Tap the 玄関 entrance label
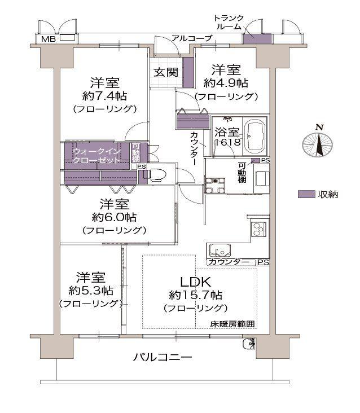[x=166, y=72]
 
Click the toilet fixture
[x=157, y=174]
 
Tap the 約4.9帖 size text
[x=226, y=84]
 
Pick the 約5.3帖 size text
[x=91, y=291]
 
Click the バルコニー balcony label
[x=163, y=357]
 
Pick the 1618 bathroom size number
[x=229, y=142]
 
